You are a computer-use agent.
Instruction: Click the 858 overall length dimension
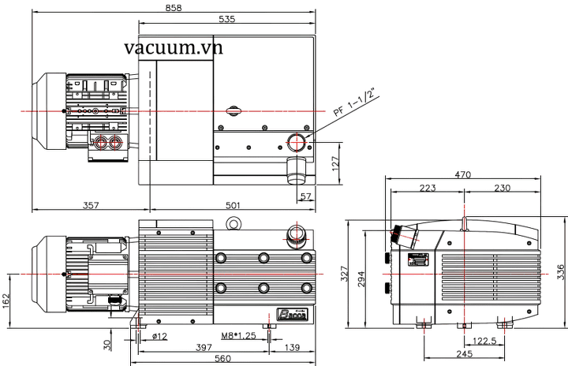coord(174,8)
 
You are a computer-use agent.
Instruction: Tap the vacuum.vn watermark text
coord(174,48)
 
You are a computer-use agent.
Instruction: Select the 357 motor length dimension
coord(92,205)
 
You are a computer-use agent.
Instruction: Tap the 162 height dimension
coord(6,300)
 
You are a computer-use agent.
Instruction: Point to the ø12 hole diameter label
coord(158,337)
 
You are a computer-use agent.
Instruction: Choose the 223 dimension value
coord(426,188)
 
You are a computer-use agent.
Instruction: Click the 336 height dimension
coord(561,272)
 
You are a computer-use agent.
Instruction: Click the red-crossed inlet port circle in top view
coord(298,143)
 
